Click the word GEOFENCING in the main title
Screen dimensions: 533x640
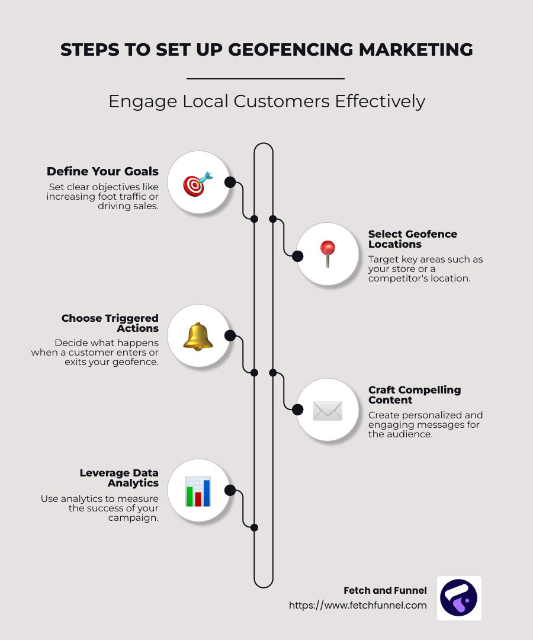point(291,50)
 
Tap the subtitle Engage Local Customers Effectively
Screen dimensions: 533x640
point(266,101)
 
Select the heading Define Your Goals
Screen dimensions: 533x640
point(102,171)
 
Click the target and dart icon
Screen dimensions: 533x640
point(198,184)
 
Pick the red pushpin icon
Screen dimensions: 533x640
point(327,254)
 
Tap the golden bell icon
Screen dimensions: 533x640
point(198,337)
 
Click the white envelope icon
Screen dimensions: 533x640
point(327,411)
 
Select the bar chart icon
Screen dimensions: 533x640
point(198,491)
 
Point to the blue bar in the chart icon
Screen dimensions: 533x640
point(206,492)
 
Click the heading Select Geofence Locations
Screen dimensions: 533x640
point(413,239)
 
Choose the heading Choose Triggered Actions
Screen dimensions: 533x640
point(110,324)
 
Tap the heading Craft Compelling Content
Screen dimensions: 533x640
point(415,395)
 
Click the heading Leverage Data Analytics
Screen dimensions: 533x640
point(119,478)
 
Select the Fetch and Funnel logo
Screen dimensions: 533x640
point(459,598)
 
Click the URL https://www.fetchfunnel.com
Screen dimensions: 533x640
point(358,605)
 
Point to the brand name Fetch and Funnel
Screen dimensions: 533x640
point(385,591)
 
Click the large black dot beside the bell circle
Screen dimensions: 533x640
point(230,335)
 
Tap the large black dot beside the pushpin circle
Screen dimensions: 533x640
point(298,257)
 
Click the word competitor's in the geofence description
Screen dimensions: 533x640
point(394,279)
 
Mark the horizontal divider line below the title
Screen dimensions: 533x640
point(265,78)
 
